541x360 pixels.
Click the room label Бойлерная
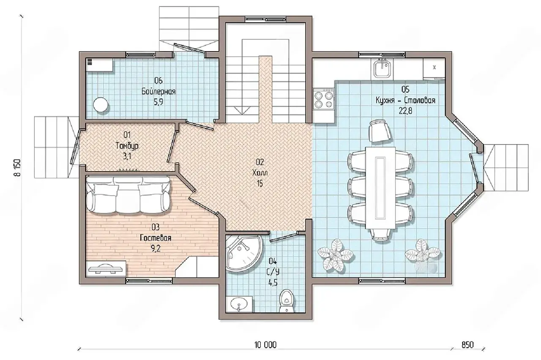click(x=158, y=92)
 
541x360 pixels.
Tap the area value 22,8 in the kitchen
click(x=405, y=111)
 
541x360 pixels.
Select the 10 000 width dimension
click(x=265, y=345)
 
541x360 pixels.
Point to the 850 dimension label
click(x=467, y=345)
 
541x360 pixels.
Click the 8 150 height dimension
click(x=18, y=168)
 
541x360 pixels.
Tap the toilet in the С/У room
click(x=287, y=300)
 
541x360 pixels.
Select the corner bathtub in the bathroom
click(x=243, y=254)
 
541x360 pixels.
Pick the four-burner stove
click(x=324, y=99)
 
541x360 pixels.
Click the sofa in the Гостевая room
click(x=128, y=195)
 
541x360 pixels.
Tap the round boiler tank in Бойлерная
click(x=101, y=105)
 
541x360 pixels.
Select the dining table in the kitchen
click(x=380, y=188)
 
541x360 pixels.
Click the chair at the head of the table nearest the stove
click(x=380, y=131)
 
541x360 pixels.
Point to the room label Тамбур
click(x=127, y=146)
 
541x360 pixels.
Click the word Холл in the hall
click(x=260, y=173)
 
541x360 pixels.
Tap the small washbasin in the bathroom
click(x=239, y=304)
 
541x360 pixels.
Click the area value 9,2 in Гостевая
click(x=156, y=248)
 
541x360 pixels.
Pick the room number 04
click(x=273, y=261)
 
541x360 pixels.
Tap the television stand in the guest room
click(x=106, y=269)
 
